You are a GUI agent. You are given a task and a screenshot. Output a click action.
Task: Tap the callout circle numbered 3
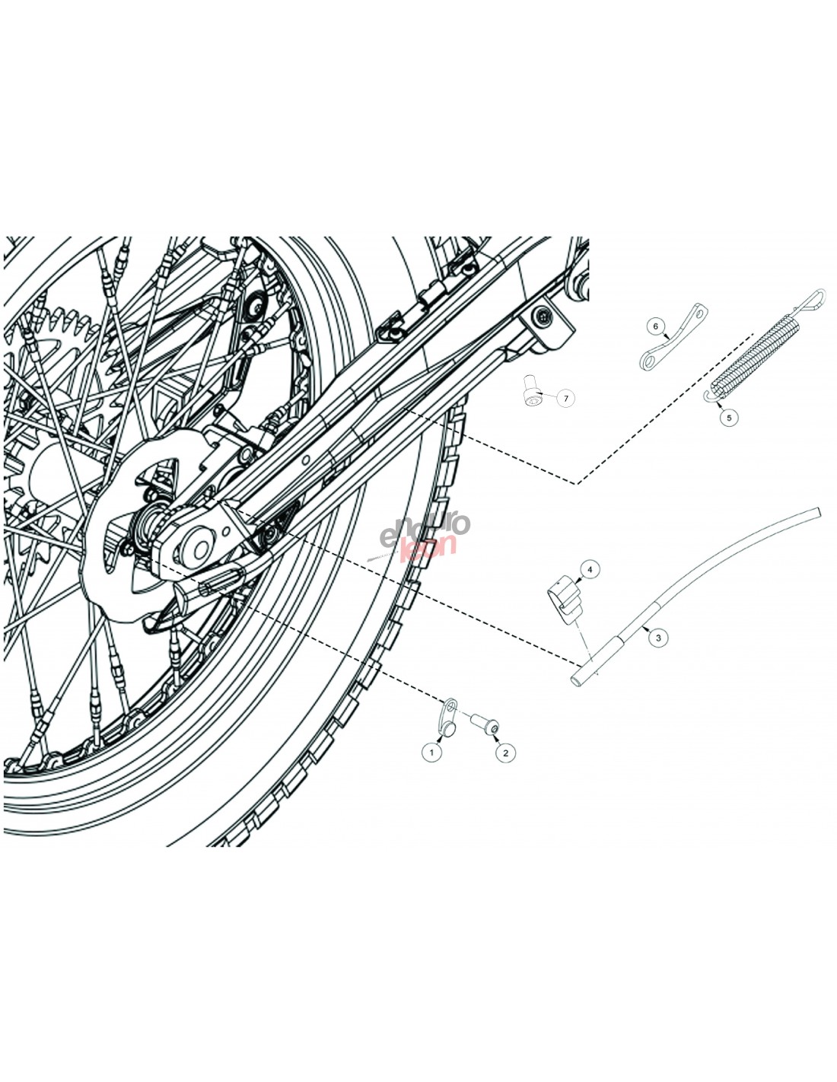[x=658, y=638]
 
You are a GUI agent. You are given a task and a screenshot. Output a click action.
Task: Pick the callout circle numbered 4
[x=590, y=568]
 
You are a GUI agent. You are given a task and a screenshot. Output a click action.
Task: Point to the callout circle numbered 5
[x=729, y=418]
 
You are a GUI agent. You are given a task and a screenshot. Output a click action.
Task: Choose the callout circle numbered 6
[x=655, y=326]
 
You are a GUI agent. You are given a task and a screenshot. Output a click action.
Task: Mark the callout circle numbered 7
[x=565, y=399]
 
